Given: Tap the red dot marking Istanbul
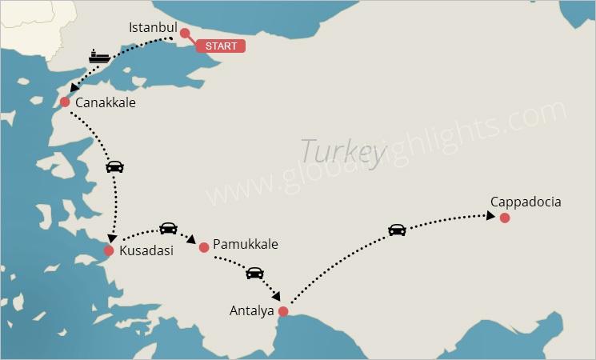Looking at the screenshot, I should [x=185, y=34].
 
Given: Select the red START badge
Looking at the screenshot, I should [x=221, y=46].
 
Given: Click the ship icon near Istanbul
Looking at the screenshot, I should [x=99, y=57].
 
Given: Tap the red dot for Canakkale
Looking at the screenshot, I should [x=65, y=102].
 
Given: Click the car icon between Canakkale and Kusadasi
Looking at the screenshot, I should [x=115, y=166].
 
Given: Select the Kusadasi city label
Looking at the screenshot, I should [x=146, y=251].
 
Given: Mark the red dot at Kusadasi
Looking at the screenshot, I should [x=109, y=251].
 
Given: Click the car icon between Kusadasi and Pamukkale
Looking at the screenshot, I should [x=168, y=228].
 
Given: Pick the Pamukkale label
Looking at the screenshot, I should [x=245, y=245].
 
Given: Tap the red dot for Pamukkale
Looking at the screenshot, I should [x=204, y=247].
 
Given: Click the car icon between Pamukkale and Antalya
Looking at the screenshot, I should [x=254, y=273].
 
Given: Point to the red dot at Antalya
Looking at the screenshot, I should [x=282, y=311].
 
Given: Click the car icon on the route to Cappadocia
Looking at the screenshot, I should [x=397, y=230].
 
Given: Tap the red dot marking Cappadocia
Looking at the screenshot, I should [x=504, y=218].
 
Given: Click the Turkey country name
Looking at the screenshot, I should [x=339, y=150].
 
